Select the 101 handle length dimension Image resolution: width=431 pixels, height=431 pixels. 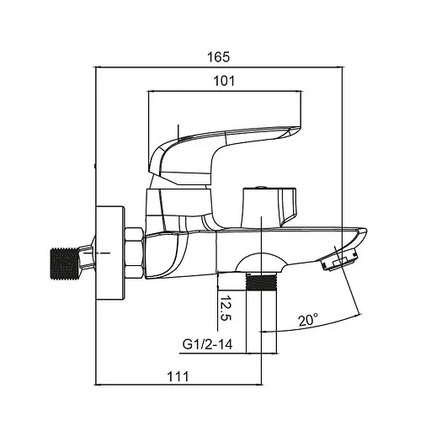pyautogui.click(x=223, y=81)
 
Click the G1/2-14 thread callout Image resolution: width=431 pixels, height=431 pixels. pyautogui.click(x=208, y=343)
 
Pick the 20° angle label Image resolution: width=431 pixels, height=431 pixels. pyautogui.click(x=306, y=321)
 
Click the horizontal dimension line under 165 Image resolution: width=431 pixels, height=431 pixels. pyautogui.click(x=219, y=67)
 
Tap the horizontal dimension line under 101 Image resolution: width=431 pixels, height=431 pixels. pyautogui.click(x=223, y=93)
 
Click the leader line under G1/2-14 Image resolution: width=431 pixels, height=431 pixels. pyautogui.click(x=219, y=354)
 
